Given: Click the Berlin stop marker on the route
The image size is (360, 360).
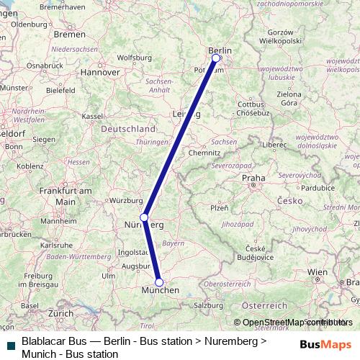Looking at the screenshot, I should click(215, 58).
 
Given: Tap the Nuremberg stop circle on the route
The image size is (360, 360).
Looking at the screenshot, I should click(144, 217).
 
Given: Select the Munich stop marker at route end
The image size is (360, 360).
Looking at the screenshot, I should click(159, 282).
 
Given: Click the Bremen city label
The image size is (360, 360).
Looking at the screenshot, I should click(70, 35).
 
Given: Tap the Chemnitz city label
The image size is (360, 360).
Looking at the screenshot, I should click(204, 153).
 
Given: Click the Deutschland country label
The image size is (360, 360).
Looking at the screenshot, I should click(127, 128).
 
